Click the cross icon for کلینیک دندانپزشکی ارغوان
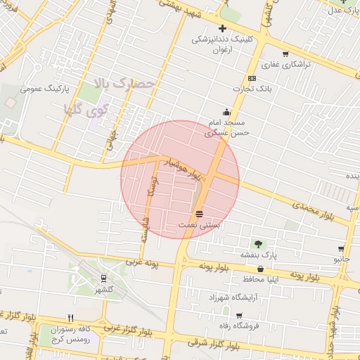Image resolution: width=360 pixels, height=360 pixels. click(222, 29)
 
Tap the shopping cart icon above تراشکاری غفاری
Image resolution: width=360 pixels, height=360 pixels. click(285, 54)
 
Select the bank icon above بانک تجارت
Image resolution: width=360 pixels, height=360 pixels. click(252, 78)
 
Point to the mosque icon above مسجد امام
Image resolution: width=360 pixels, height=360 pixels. click(226, 112)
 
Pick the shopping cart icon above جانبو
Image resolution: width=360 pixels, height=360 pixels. click(341, 249)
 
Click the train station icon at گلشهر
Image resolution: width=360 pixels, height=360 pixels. click(104, 278)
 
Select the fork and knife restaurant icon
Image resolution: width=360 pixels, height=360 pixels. click(70, 318)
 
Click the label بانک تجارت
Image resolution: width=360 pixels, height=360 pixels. click(252, 89)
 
